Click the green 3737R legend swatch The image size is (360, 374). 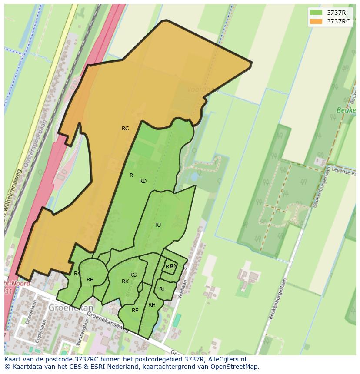point(316,13)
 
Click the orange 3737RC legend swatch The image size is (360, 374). point(316,21)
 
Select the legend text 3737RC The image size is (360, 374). point(339,21)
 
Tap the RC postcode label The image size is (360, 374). point(125,129)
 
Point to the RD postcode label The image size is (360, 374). point(143,181)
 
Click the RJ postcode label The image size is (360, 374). point(158,225)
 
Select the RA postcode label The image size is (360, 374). point(77,274)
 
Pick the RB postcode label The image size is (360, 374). point(90,280)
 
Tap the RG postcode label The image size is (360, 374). point(133,275)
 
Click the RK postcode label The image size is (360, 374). point(125,281)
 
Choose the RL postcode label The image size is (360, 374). point(162,289)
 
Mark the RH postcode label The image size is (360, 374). point(152,305)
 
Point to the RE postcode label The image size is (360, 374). point(135,311)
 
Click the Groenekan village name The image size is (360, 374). point(65,308)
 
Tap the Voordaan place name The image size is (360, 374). point(203,89)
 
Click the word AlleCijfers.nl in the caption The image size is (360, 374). point(227,359)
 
